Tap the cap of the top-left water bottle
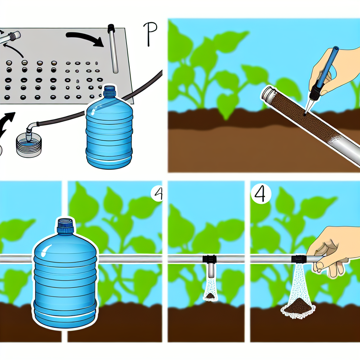pos(109,92)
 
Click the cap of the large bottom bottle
pos(65,225)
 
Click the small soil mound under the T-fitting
pos(211,296)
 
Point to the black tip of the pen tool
pos(310,100)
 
